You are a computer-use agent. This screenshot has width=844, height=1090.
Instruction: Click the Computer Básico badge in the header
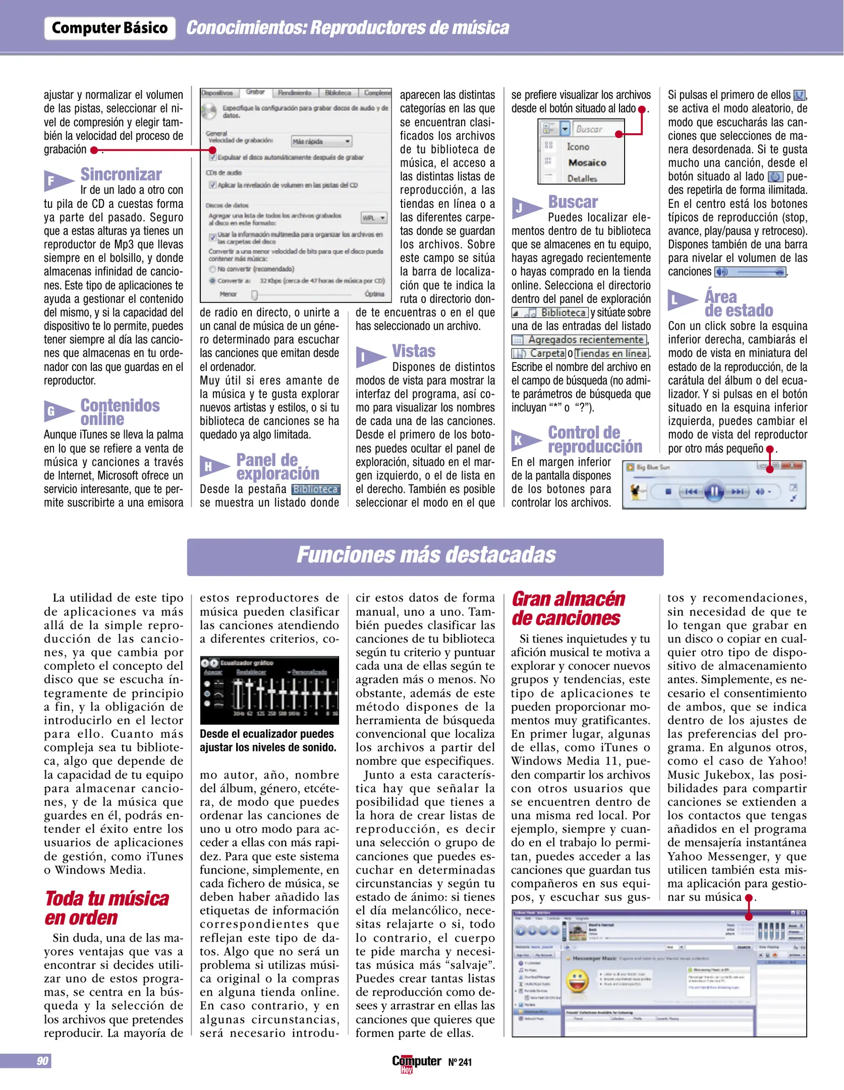109,28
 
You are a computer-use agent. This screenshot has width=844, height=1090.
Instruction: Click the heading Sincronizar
121,175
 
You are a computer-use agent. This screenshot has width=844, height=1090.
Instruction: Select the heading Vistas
414,351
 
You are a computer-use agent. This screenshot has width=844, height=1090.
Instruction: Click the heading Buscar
573,202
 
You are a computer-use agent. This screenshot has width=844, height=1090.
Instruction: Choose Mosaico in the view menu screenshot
587,163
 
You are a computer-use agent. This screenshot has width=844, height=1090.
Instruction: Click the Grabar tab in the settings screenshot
255,92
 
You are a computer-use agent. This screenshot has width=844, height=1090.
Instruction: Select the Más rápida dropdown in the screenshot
321,141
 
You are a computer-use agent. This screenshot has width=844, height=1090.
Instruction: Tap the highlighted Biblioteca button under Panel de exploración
316,489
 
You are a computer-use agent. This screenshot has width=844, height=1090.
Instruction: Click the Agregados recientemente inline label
580,340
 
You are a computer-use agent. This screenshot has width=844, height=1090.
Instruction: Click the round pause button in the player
714,491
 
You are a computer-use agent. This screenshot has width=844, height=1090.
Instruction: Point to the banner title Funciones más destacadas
426,555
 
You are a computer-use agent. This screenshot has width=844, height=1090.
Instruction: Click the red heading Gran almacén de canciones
569,609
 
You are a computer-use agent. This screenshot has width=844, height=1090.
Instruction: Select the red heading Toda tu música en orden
106,908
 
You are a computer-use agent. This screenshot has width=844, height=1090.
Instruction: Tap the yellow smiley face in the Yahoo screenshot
577,980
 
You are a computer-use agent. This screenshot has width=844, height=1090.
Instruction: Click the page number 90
42,1061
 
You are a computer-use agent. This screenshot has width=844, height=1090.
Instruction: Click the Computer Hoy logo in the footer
416,1062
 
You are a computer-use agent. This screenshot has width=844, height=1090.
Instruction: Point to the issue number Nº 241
460,1062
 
